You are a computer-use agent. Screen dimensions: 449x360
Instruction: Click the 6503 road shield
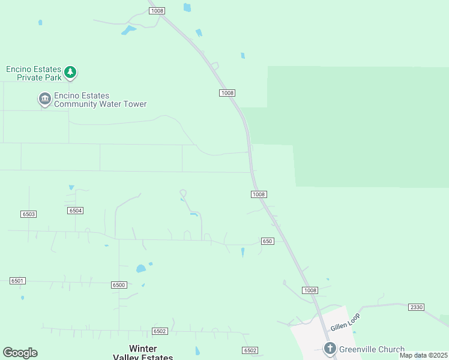click(x=28, y=214)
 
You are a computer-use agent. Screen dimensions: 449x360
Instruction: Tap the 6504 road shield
click(x=76, y=211)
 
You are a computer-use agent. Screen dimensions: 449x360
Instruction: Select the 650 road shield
click(x=268, y=241)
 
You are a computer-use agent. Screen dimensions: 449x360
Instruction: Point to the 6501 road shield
click(x=17, y=281)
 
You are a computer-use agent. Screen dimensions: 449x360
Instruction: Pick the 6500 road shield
click(x=119, y=285)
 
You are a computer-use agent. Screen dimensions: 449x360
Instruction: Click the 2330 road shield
click(x=416, y=307)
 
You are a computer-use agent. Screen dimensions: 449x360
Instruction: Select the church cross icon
click(x=329, y=348)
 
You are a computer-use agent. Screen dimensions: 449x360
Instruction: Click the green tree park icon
click(x=71, y=73)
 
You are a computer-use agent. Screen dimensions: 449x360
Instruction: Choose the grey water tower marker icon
click(x=44, y=98)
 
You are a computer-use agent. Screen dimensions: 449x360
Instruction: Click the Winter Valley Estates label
click(x=143, y=352)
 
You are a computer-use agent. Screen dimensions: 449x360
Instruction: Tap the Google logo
click(x=20, y=353)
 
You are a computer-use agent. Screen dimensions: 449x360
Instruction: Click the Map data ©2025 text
click(x=423, y=355)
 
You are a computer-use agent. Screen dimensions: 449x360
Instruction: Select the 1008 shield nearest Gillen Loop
click(x=310, y=290)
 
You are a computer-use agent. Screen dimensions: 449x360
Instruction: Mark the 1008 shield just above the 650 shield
click(x=259, y=194)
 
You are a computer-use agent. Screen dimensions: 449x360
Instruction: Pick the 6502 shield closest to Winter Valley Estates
click(x=159, y=331)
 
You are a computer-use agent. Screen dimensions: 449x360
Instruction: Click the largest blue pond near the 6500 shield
click(x=140, y=268)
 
